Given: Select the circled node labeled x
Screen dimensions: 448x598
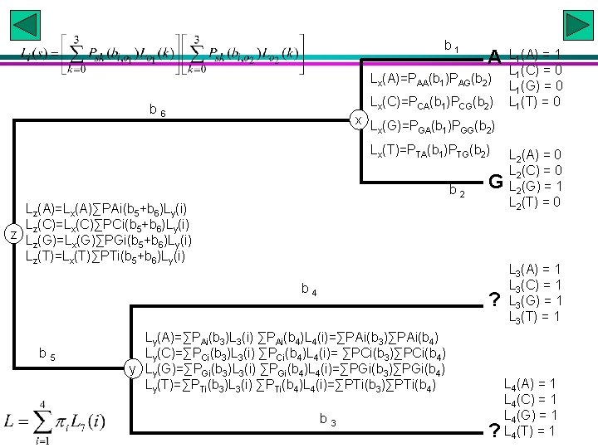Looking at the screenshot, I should point(357,119).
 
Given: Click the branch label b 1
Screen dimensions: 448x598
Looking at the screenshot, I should point(452,46).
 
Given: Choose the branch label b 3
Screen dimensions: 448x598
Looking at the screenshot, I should point(327,421).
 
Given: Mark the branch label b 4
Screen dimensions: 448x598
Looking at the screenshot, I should point(308,290).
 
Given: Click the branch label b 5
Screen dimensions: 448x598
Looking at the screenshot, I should point(47,355).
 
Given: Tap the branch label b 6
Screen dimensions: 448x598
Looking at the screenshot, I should point(157,110).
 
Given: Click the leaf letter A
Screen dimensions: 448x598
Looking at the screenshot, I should point(494,57).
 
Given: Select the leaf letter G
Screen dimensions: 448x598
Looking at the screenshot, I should point(495,181).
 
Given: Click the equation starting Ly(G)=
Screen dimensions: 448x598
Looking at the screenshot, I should point(296,368).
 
